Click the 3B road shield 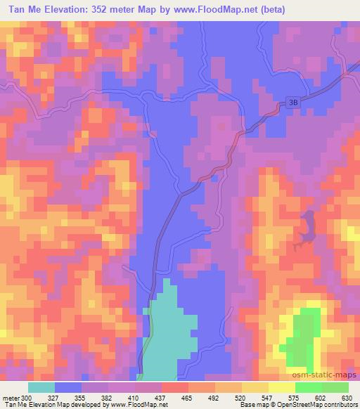pyautogui.click(x=293, y=102)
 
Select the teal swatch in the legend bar pyautogui.click(x=41, y=387)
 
